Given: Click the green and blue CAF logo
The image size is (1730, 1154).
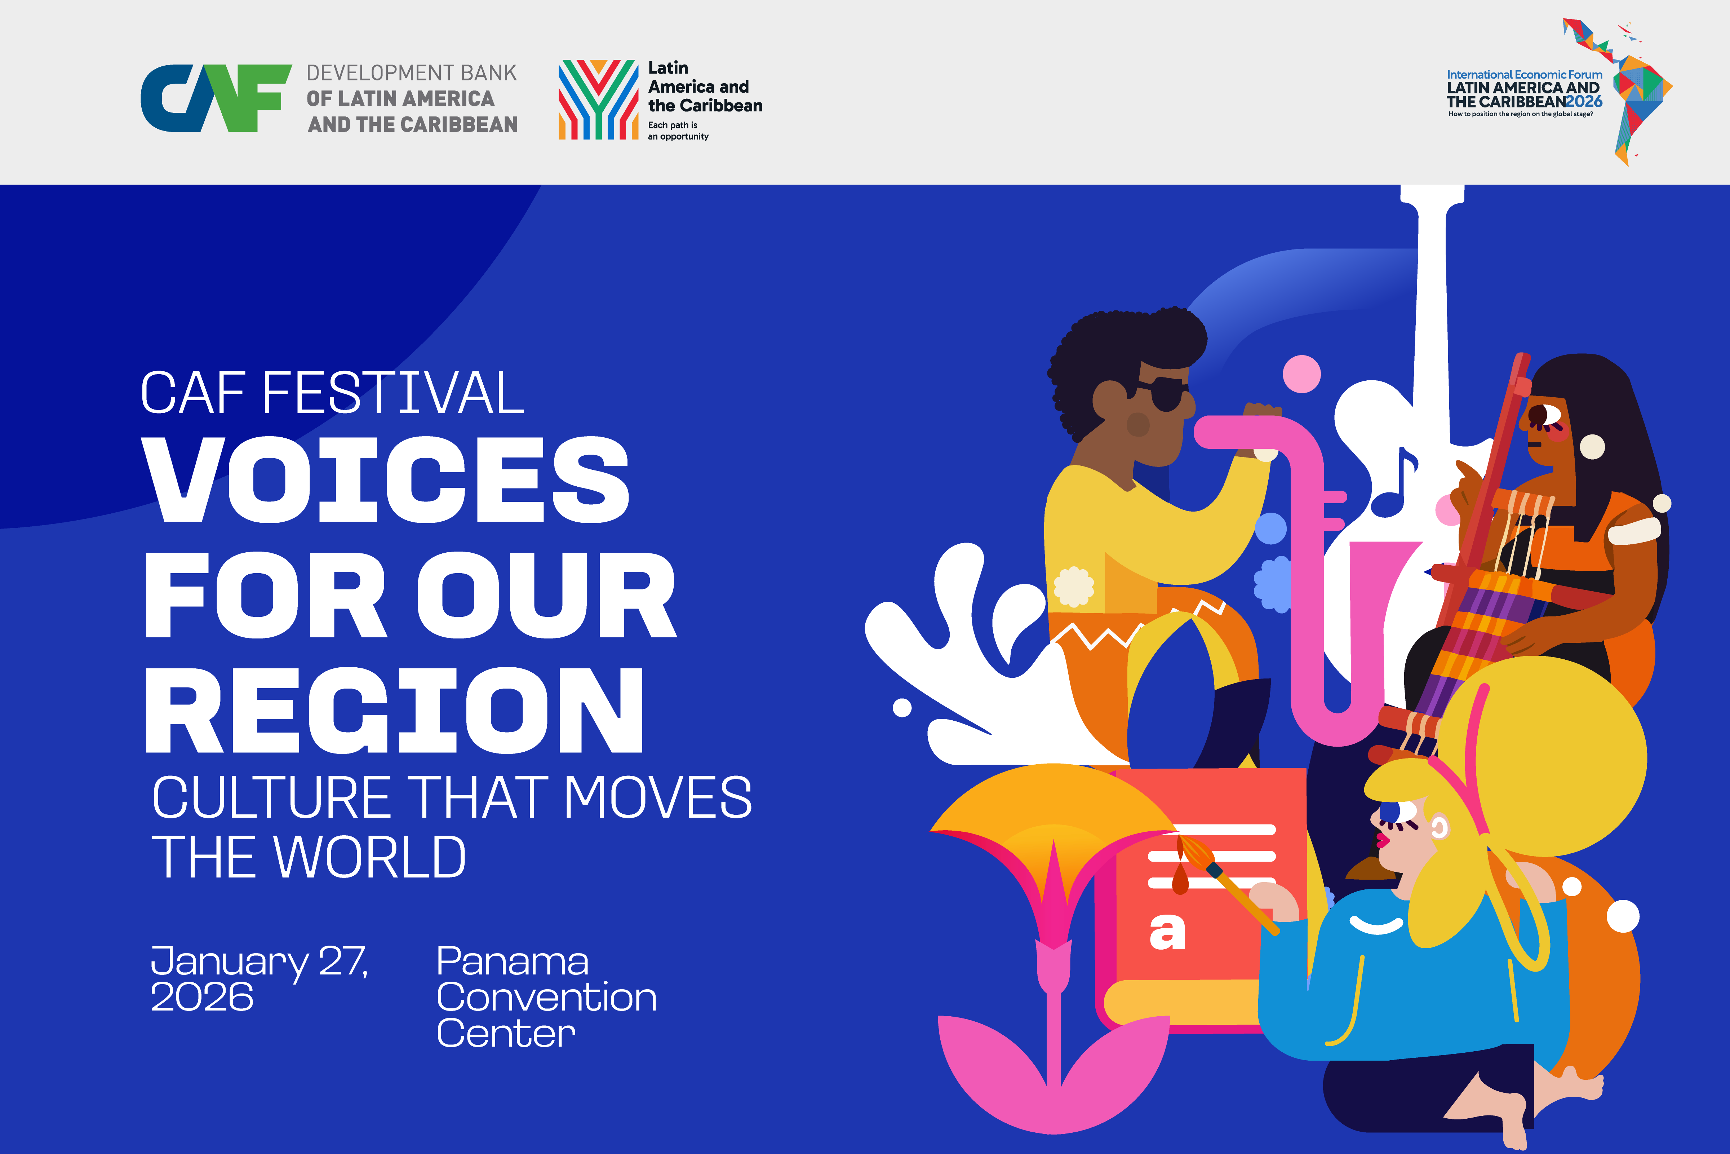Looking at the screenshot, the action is [x=216, y=98].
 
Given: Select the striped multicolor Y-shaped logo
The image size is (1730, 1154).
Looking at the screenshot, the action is [x=598, y=100].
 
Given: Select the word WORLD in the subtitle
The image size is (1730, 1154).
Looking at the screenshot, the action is [x=370, y=857].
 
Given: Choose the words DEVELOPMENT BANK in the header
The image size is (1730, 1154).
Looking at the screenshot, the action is [x=411, y=73].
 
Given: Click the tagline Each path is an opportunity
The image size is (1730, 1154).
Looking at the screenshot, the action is [x=678, y=131].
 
